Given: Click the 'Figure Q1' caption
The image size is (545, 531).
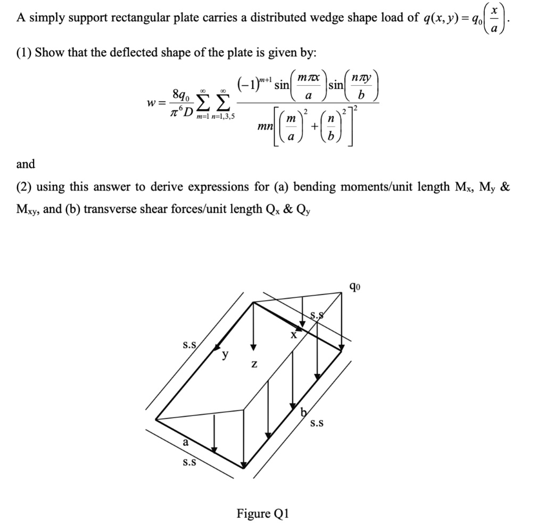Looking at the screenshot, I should (263, 513).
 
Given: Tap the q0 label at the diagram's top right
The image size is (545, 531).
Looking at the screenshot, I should (355, 287).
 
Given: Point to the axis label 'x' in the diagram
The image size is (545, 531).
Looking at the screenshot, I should (293, 335).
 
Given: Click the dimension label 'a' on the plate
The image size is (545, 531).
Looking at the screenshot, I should (185, 442).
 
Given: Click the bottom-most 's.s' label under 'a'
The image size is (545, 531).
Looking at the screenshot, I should (189, 462).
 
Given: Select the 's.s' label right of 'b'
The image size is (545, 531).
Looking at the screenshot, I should (318, 424).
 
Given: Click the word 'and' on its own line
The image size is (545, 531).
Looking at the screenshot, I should (26, 164).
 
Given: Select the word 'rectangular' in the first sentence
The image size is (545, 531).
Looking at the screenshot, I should (140, 18).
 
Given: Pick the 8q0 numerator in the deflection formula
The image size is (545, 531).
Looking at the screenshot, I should (180, 95).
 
